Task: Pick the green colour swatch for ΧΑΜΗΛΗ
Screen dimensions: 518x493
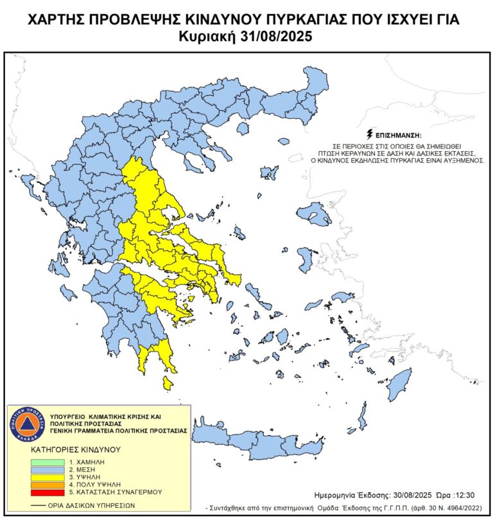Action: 48,462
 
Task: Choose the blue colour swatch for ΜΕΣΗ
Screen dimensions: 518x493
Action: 48,470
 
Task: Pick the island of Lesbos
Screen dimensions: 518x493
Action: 313,213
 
